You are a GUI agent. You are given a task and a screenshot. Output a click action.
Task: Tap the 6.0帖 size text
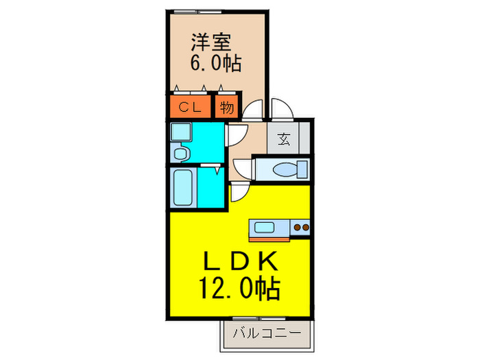click(x=215, y=64)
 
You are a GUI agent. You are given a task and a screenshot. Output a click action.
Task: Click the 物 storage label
click(x=227, y=107)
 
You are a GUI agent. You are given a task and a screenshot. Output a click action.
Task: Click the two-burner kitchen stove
click(x=300, y=228)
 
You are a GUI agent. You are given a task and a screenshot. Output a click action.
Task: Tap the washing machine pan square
click(x=182, y=131)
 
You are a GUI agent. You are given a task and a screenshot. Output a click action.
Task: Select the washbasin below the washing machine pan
click(x=180, y=152)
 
